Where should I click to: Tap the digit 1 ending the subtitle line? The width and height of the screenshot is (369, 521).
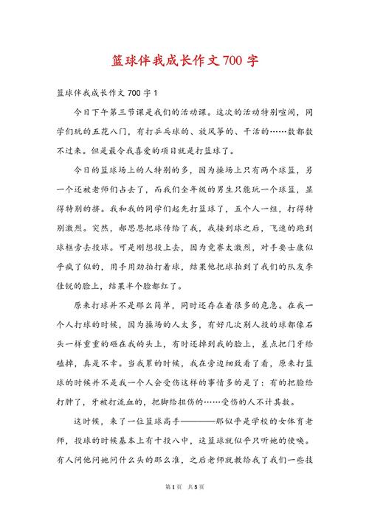click(x=156, y=93)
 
